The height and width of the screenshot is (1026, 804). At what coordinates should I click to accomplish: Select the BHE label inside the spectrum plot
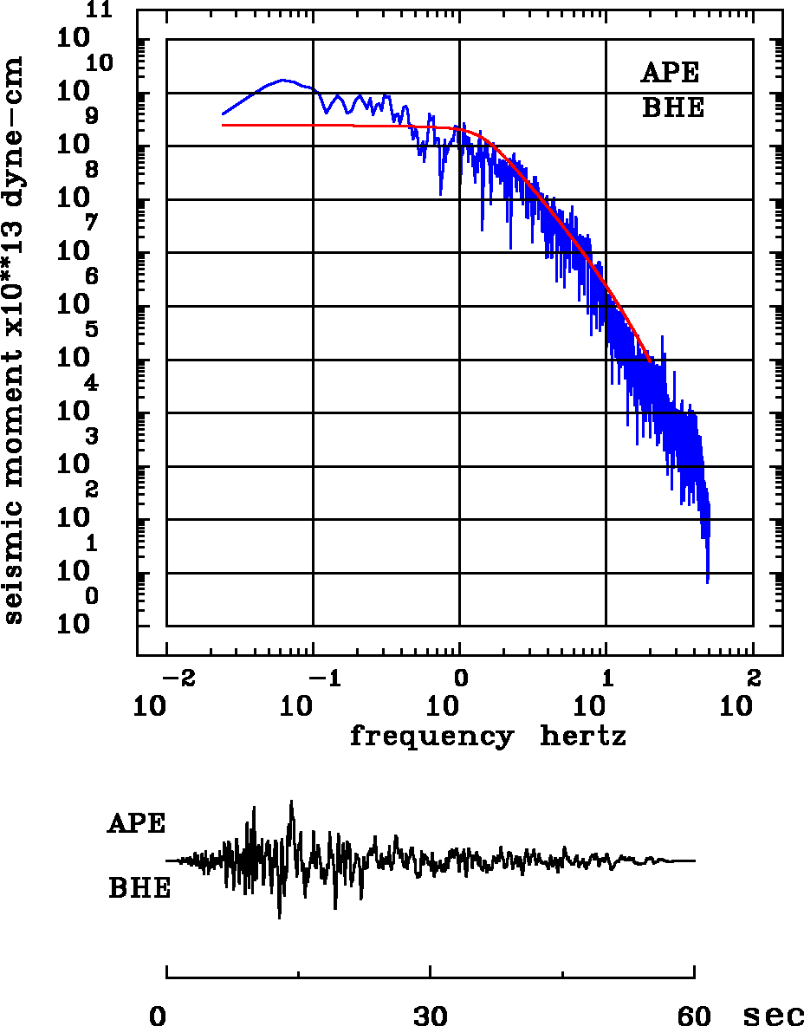click(673, 108)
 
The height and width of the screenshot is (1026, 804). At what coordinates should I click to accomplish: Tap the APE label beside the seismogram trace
click(136, 823)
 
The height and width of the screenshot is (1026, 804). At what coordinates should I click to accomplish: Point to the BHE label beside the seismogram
click(139, 889)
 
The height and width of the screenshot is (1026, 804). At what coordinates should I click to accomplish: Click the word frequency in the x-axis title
click(431, 737)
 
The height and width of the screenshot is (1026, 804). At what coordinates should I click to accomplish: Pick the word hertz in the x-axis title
click(583, 737)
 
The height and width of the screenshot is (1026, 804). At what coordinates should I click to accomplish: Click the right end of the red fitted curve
click(651, 362)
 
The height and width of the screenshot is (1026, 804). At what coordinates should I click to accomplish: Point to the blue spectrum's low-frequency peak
click(283, 80)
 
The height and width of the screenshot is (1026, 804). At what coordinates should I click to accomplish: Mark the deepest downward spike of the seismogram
click(279, 918)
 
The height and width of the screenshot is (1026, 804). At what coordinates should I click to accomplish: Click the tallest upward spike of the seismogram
click(292, 801)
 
